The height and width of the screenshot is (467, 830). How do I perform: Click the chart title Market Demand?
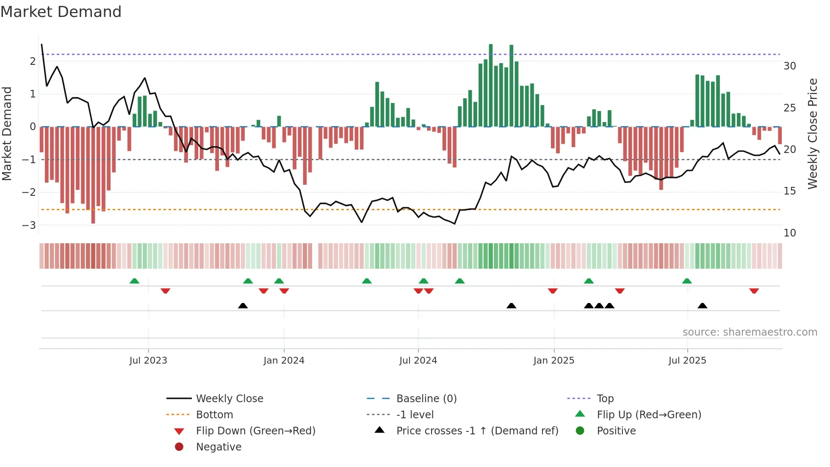(61, 11)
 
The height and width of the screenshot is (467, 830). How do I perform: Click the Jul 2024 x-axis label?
(418, 361)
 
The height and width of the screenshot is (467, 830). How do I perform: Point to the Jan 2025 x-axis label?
(553, 361)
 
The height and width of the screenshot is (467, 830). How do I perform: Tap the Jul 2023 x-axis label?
(148, 361)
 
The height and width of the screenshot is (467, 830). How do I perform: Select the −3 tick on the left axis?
(29, 225)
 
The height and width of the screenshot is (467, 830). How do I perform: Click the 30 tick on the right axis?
(789, 66)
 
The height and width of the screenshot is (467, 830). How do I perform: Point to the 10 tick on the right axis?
(789, 233)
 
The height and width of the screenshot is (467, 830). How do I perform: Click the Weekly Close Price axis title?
(812, 133)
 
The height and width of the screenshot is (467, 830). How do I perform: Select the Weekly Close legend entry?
(229, 399)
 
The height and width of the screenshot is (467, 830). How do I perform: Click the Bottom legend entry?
(214, 415)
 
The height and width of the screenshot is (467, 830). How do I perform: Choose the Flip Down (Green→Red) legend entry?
(255, 431)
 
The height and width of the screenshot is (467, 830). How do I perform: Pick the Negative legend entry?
(219, 447)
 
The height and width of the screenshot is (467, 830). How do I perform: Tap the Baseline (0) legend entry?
(426, 399)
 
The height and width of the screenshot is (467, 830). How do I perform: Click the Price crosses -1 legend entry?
(477, 431)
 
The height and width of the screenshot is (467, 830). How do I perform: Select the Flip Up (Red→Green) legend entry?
(649, 415)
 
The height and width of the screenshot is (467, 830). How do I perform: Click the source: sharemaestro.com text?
(750, 332)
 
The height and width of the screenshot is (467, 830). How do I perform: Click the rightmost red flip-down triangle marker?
(754, 291)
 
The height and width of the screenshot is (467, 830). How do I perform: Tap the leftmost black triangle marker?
(243, 306)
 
